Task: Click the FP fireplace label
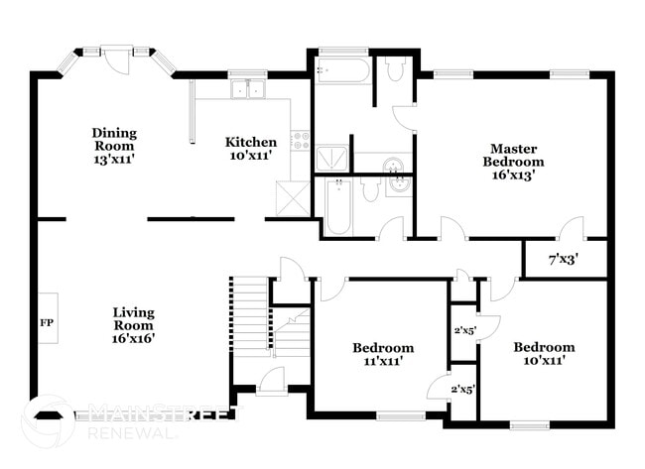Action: [x=46, y=322]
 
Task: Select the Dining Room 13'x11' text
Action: [x=114, y=146]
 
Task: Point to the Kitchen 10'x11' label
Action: [x=250, y=149]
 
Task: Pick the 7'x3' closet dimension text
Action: [x=563, y=260]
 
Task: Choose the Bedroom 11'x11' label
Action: [x=383, y=355]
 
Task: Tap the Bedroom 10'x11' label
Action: [x=543, y=354]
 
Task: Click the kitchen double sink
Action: [x=248, y=89]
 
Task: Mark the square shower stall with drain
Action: [x=332, y=159]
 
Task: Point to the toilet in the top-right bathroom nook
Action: [x=394, y=68]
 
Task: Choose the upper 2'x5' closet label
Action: [x=461, y=330]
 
